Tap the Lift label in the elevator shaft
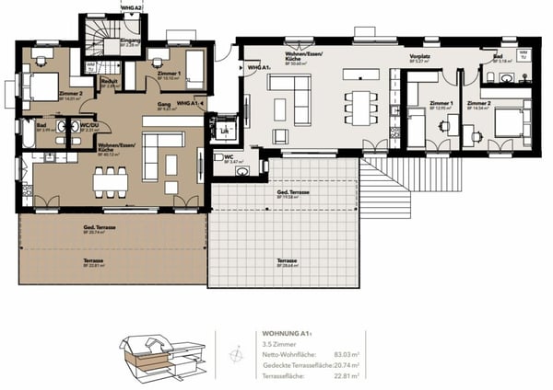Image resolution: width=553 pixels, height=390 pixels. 224,132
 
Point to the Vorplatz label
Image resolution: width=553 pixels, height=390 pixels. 421,56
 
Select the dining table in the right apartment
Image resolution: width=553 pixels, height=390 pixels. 358,106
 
